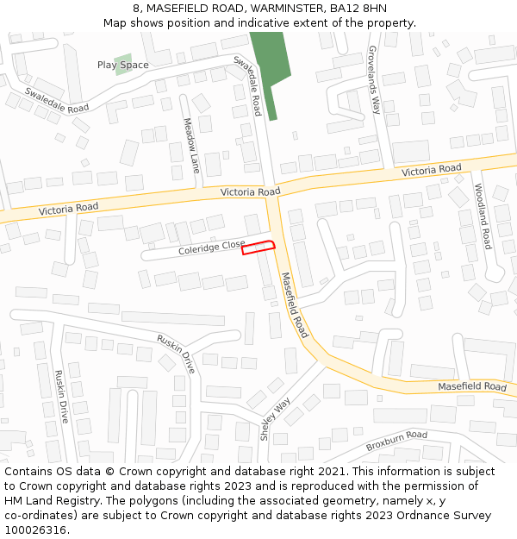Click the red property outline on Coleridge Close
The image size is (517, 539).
[x=258, y=248]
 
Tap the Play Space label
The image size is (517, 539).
[x=122, y=65]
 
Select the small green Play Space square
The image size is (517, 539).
[x=123, y=65]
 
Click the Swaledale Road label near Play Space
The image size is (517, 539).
[x=57, y=100]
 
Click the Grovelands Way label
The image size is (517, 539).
[x=374, y=80]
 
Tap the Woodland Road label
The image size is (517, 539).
[x=483, y=216]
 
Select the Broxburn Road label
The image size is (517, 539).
[x=396, y=441]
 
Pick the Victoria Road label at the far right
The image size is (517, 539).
[x=432, y=171]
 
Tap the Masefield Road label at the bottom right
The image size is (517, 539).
[x=472, y=387]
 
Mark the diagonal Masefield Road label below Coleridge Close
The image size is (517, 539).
[x=295, y=304]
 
